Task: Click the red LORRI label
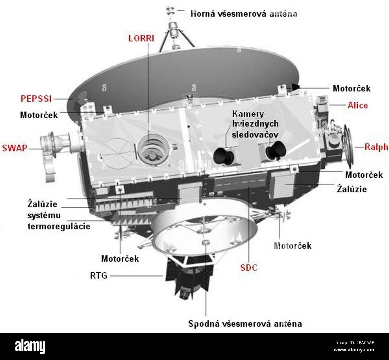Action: (141, 38)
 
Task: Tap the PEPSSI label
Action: (36, 99)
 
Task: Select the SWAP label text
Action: (14, 148)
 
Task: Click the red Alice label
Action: (358, 105)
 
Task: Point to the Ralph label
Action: (376, 147)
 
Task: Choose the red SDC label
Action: (249, 268)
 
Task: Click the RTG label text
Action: (99, 276)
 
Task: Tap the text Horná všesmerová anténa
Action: (244, 14)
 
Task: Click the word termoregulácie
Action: (59, 226)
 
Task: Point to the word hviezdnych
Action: (255, 124)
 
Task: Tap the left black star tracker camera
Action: (223, 156)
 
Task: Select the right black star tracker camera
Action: (276, 150)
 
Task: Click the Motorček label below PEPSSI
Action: (39, 115)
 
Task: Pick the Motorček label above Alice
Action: (352, 88)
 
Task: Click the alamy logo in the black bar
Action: (30, 346)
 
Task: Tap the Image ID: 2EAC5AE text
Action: (355, 343)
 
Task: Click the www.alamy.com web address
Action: (354, 350)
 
